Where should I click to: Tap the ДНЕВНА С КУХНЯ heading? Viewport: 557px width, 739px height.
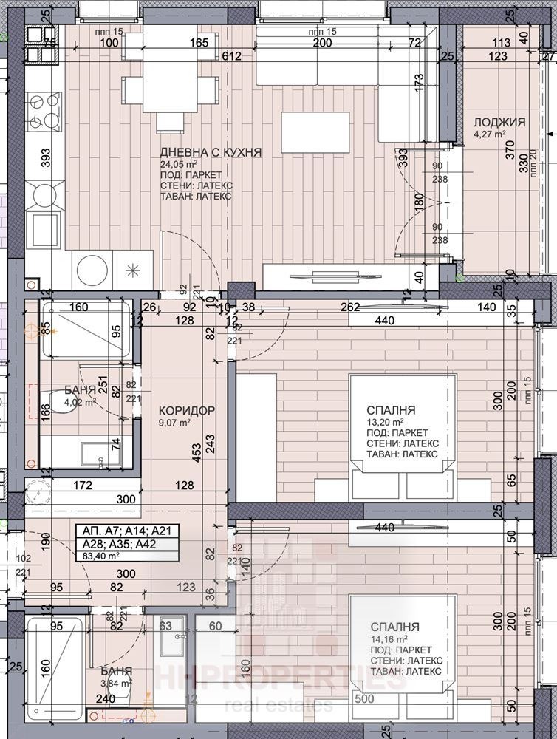211,152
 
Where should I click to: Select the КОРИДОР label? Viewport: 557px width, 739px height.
186,410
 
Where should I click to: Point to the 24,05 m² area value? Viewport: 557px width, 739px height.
180,164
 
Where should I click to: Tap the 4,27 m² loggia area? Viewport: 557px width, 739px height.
489,134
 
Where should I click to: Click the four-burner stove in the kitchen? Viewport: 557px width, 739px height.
44,111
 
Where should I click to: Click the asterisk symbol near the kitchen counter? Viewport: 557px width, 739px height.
134,269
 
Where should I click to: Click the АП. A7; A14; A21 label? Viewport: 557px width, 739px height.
118,531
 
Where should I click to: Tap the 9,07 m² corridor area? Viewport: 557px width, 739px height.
175,423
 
